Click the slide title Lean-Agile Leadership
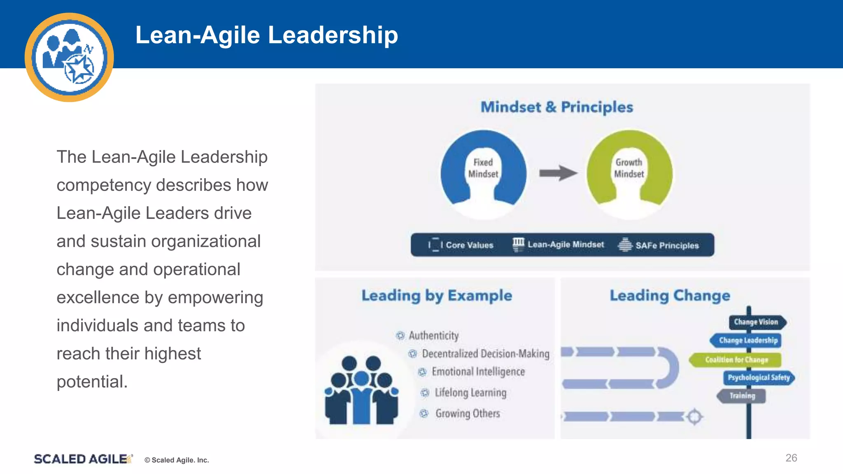[267, 35]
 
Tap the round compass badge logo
[69, 57]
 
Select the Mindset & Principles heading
[557, 107]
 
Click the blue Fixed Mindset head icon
[483, 173]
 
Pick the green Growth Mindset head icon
[629, 173]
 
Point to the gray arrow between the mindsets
[558, 173]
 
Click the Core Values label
[469, 245]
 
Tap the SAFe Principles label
[667, 246]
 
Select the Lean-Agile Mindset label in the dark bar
[566, 244]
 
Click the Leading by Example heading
[437, 295]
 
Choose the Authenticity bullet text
[433, 336]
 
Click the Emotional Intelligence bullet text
[478, 372]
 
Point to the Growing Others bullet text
[468, 413]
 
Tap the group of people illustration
[361, 391]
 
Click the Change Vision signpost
[757, 322]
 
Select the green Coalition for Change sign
[736, 360]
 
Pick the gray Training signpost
[742, 396]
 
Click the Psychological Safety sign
[759, 377]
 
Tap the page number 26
[791, 458]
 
